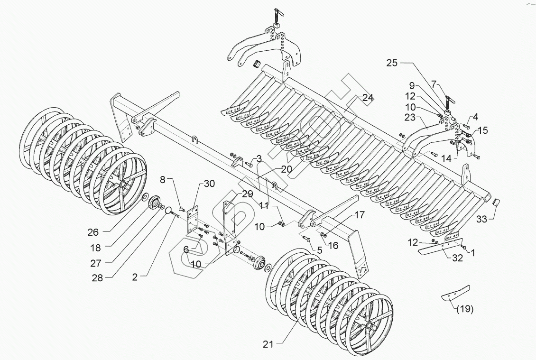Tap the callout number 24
[368, 98]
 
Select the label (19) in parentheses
[465, 310]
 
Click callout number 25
[392, 63]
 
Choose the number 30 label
[210, 184]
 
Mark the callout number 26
[92, 232]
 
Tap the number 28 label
[98, 278]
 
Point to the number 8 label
[162, 179]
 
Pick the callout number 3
[259, 158]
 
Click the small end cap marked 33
[496, 202]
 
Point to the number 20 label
[286, 169]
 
